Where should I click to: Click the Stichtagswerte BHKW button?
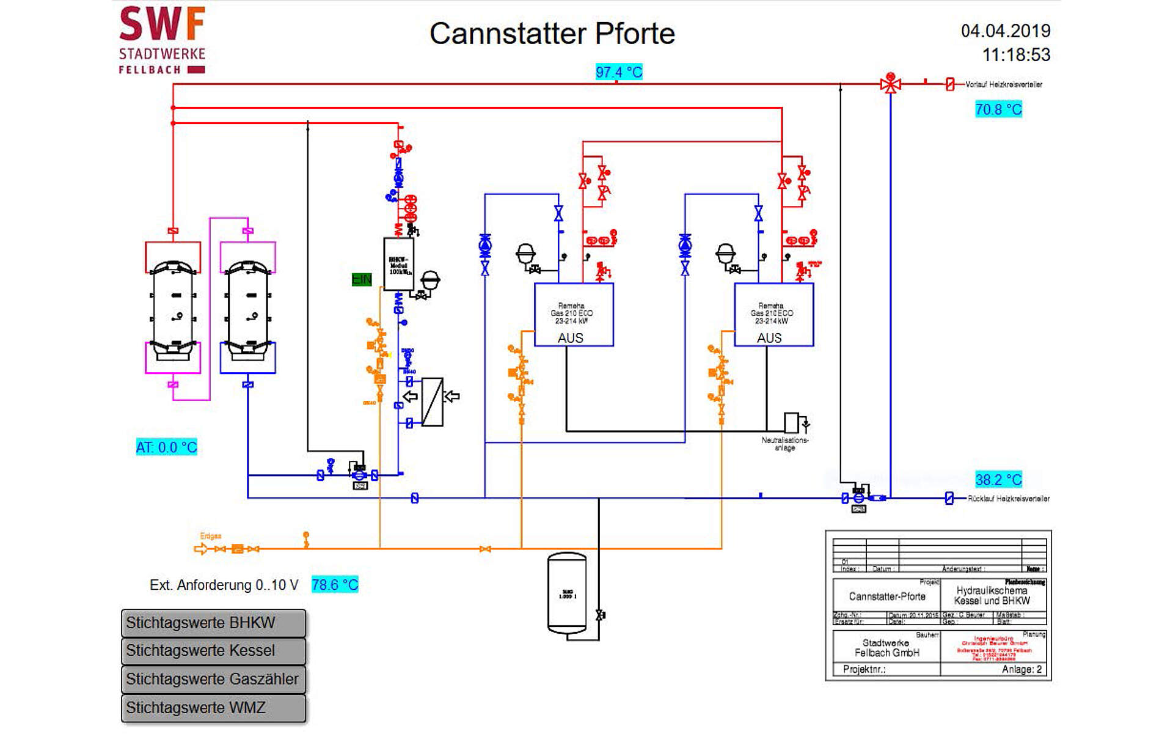coord(213,623)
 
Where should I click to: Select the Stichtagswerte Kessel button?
coord(213,651)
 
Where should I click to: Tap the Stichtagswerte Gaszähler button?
coord(213,679)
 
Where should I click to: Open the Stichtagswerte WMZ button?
coord(213,708)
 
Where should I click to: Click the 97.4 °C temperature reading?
coord(619,72)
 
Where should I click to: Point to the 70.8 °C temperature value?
coord(998,109)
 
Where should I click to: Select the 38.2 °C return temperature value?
coord(998,480)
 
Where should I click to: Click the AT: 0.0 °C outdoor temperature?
coord(166,447)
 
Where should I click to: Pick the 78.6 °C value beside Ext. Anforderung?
coord(335,585)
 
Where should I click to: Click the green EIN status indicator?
coord(362,279)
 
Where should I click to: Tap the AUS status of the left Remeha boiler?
coord(570,338)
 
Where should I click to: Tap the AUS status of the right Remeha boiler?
coord(769,338)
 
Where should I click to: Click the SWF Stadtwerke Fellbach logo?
coord(162,40)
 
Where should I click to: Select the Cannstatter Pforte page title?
coord(552,34)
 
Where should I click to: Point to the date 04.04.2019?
coord(1006,31)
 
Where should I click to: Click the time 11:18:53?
coord(1016,55)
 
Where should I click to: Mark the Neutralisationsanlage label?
coord(784,444)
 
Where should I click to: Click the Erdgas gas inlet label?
coord(211,536)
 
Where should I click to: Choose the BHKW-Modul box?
coord(398,264)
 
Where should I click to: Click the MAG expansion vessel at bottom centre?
coord(567,593)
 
